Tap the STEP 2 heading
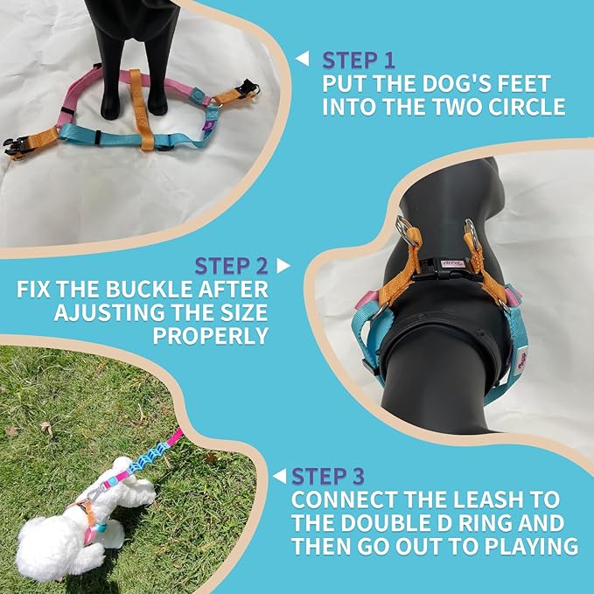[x=232, y=265]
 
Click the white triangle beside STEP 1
[x=302, y=59]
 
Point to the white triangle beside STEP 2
[x=283, y=264]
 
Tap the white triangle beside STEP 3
[x=279, y=476]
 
